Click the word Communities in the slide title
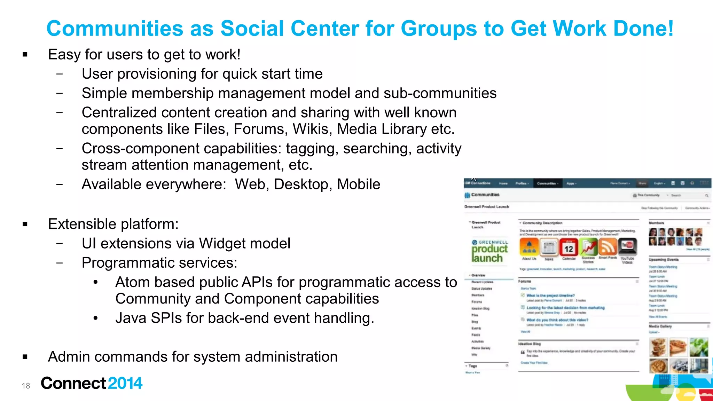[x=115, y=29]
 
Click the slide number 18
[x=26, y=386]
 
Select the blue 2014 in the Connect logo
[x=125, y=383]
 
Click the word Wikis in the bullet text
[x=312, y=129]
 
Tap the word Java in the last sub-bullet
[x=131, y=318]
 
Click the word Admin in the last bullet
[x=69, y=357]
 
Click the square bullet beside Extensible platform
[x=25, y=224]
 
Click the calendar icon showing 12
[x=569, y=248]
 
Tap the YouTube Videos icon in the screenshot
[x=627, y=246]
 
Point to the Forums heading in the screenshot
[x=525, y=281]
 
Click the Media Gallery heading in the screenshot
[x=660, y=327]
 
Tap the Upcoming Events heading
[x=663, y=260]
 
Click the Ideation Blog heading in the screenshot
[x=530, y=344]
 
